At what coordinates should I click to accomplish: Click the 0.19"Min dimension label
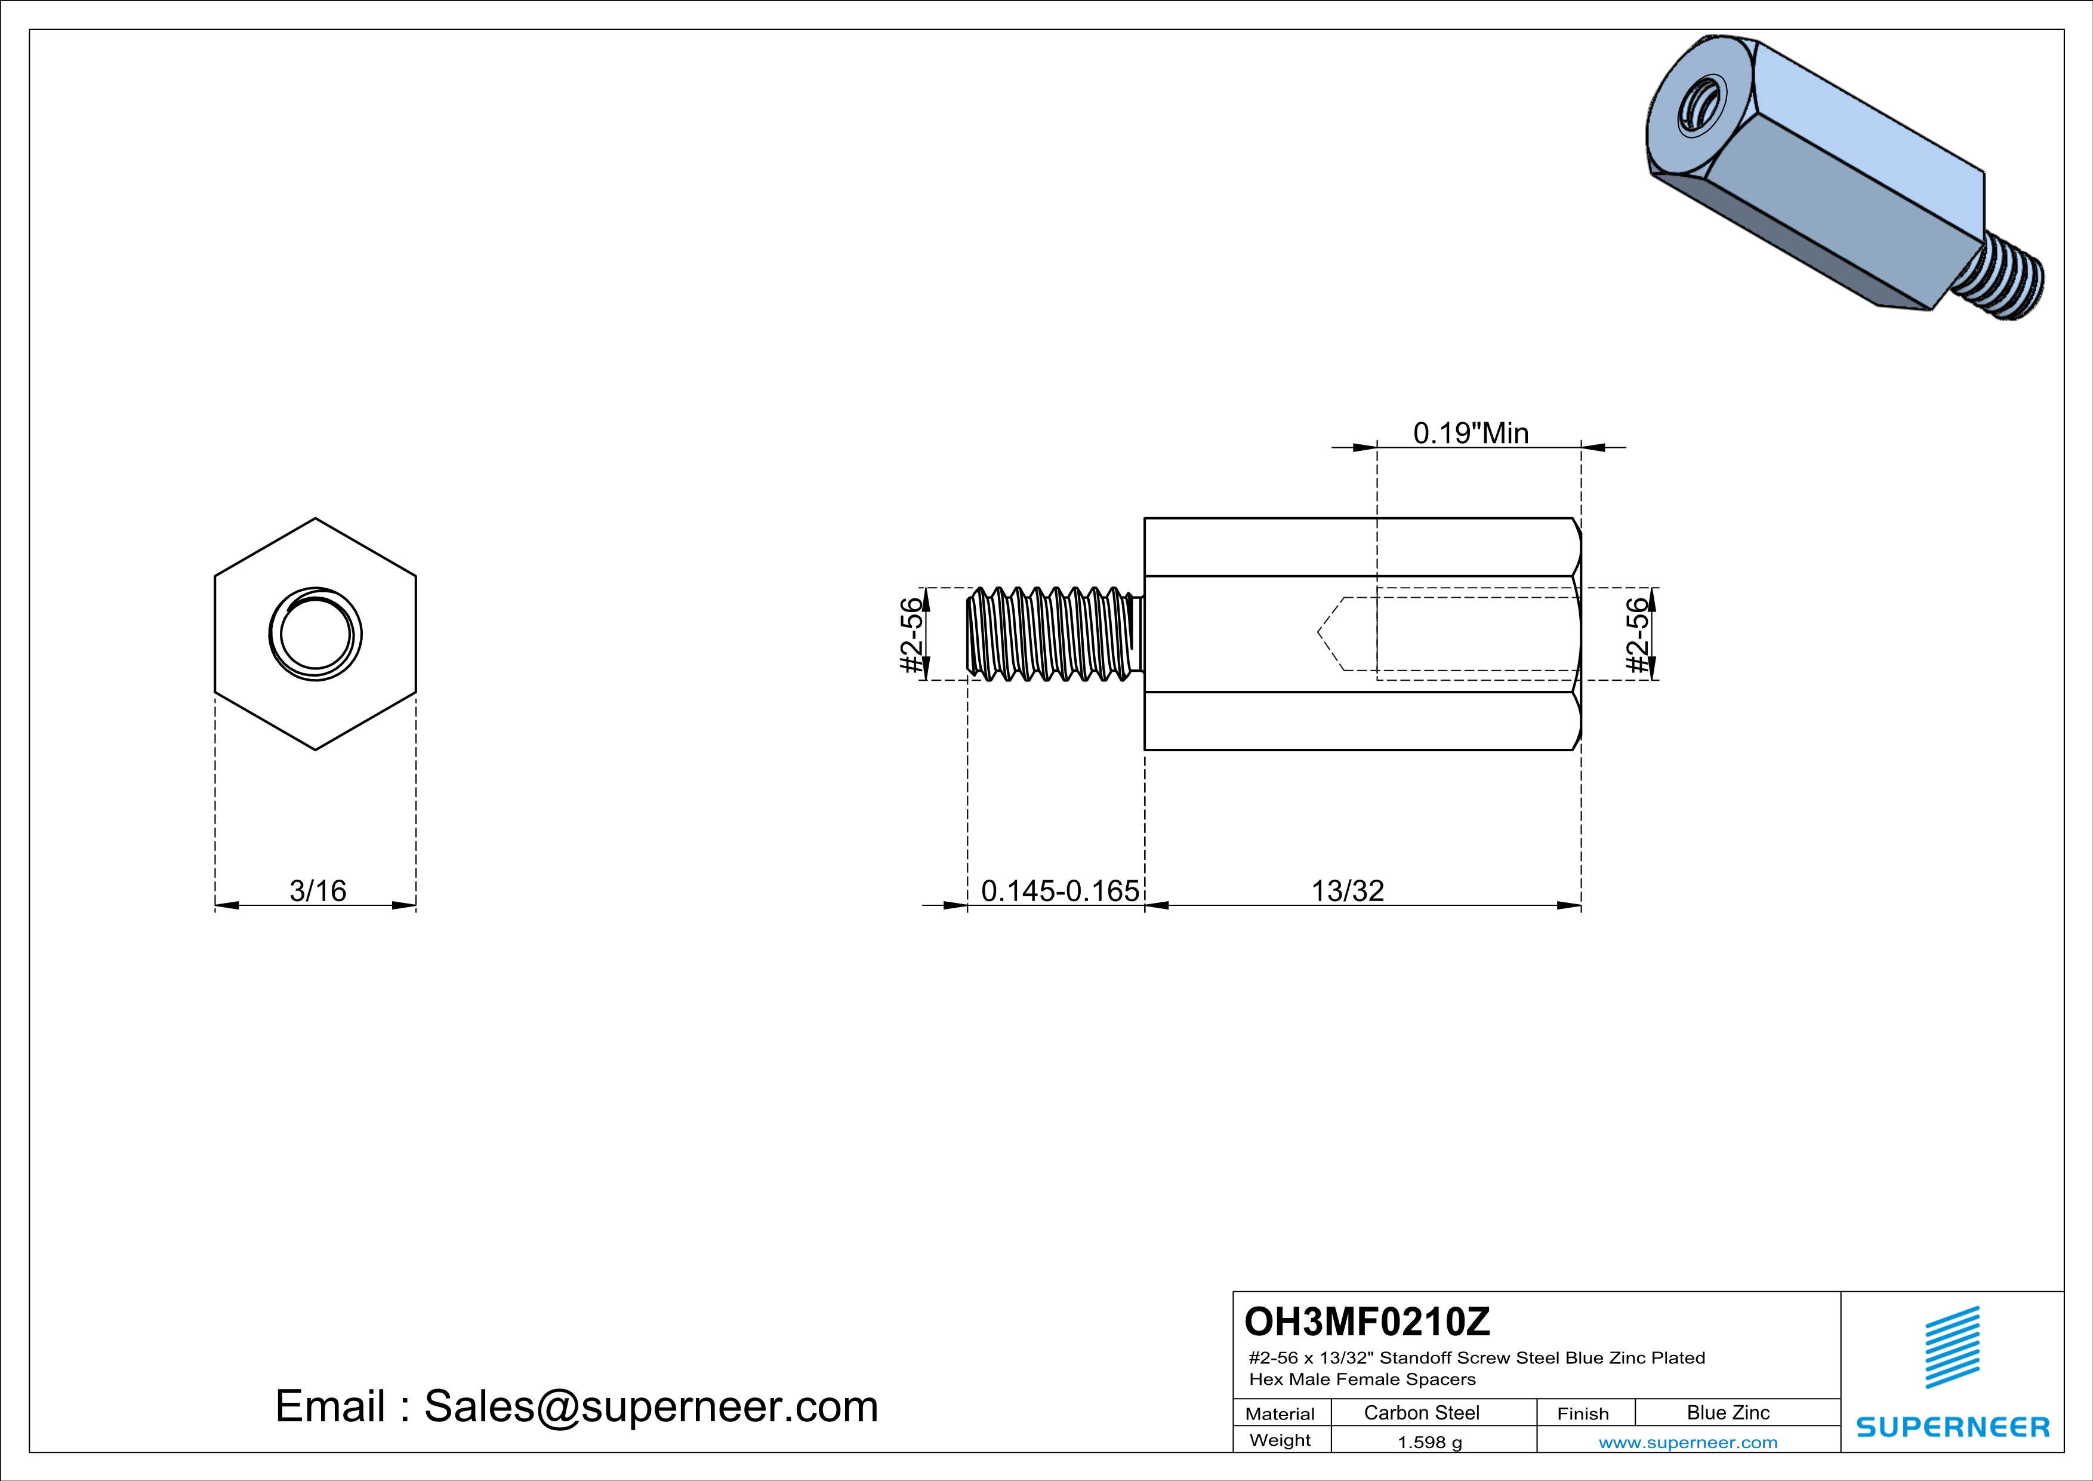1471,433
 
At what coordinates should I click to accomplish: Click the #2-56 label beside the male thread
911,635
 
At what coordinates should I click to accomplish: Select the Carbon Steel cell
1421,1412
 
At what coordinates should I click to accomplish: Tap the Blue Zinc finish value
1727,1412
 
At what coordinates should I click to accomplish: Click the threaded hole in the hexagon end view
315,635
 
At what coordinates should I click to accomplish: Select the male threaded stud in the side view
1053,635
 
